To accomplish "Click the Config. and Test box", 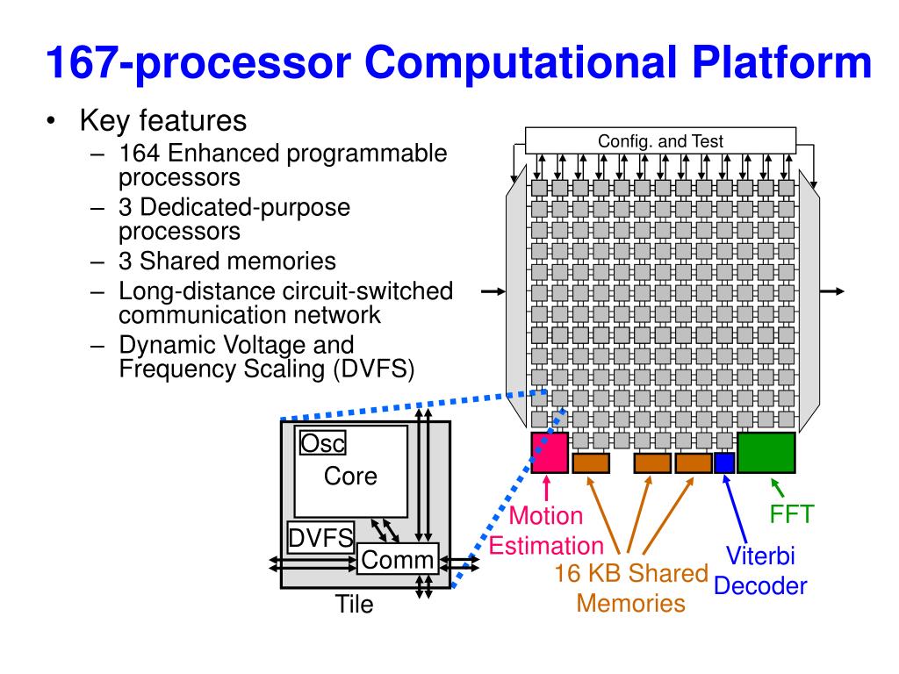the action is [x=660, y=140].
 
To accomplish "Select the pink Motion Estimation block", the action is [x=550, y=453].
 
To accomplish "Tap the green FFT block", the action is [x=766, y=453].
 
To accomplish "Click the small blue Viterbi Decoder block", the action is [x=724, y=463].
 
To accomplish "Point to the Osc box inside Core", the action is [x=323, y=443].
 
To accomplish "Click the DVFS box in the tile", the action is [x=320, y=538].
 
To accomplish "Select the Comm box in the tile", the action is [x=398, y=559].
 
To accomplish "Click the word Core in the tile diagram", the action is [x=350, y=476].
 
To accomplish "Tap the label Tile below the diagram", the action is [x=354, y=604].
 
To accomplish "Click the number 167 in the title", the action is [x=83, y=62].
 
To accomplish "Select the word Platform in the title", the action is [x=781, y=62].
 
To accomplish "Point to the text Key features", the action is [x=163, y=121].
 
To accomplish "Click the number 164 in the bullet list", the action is [x=140, y=153].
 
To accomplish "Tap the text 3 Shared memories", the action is [x=227, y=261].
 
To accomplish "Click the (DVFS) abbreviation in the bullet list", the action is [x=373, y=369].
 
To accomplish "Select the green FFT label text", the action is [x=791, y=514].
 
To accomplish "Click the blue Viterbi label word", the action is [x=760, y=556].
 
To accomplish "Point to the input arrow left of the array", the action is [x=493, y=291].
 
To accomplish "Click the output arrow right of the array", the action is [x=832, y=291].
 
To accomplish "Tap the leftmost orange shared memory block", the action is [x=591, y=462].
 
